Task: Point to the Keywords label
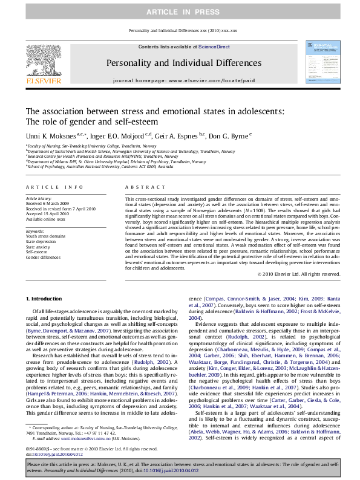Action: [x=34, y=230]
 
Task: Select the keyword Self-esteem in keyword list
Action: [x=38, y=251]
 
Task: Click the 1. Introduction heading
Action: [x=45, y=299]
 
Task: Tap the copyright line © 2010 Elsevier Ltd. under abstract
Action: [x=298, y=273]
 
